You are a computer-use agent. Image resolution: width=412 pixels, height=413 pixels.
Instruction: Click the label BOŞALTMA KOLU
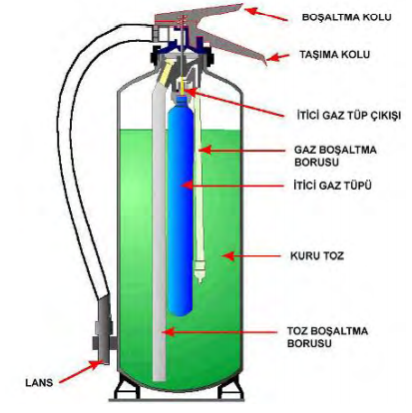pyautogui.click(x=346, y=17)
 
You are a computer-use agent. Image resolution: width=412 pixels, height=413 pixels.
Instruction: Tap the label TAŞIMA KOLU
pyautogui.click(x=334, y=55)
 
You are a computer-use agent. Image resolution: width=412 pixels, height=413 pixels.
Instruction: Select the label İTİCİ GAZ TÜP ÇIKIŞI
pyautogui.click(x=349, y=116)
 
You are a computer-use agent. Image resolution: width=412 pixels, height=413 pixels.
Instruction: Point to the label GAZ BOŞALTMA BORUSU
pyautogui.click(x=335, y=156)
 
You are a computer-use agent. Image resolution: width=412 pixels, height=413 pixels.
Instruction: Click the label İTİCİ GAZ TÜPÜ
pyautogui.click(x=332, y=186)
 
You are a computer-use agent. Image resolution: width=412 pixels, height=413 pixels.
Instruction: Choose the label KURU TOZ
pyautogui.click(x=317, y=256)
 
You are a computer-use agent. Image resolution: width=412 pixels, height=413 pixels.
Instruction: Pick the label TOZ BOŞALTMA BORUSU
pyautogui.click(x=327, y=337)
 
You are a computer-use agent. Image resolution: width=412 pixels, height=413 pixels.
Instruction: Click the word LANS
pyautogui.click(x=39, y=383)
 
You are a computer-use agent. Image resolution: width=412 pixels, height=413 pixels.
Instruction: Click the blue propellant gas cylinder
pyautogui.click(x=181, y=206)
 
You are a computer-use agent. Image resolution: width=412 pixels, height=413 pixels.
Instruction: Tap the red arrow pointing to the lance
pyautogui.click(x=80, y=372)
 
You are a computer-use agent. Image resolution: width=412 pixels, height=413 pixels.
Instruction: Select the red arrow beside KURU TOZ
pyautogui.click(x=251, y=256)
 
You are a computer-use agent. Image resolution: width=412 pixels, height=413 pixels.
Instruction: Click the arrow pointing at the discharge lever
pyautogui.click(x=266, y=14)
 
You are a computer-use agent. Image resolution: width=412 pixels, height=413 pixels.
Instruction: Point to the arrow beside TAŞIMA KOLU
pyautogui.click(x=278, y=57)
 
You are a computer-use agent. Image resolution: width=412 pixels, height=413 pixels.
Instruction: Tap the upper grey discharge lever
pyautogui.click(x=200, y=15)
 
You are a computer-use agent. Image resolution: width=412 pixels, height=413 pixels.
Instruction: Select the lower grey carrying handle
pyautogui.click(x=232, y=47)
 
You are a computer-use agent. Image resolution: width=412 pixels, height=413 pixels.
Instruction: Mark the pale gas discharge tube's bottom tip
pyautogui.click(x=201, y=282)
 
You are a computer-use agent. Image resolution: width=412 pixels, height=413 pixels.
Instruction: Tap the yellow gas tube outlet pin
pyautogui.click(x=183, y=86)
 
